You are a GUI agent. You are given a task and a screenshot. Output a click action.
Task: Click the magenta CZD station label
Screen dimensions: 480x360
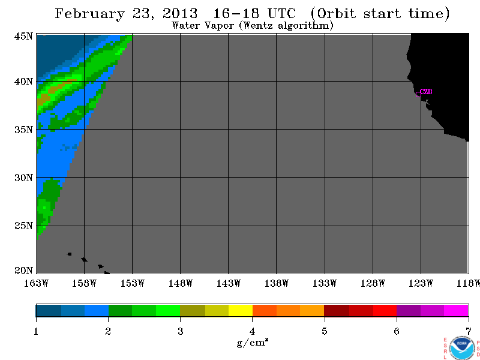tap(426, 92)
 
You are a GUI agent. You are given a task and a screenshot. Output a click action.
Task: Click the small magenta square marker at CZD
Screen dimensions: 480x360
tap(418, 94)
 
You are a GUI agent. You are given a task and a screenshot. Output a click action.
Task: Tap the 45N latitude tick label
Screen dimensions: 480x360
tap(23, 36)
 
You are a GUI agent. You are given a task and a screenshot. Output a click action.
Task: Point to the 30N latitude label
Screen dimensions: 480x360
tap(23, 178)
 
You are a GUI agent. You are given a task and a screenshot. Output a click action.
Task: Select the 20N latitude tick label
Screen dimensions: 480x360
tap(23, 271)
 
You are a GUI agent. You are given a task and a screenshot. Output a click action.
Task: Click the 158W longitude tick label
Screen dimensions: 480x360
tap(84, 283)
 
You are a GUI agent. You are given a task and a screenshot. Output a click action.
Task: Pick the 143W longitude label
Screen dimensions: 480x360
tap(229, 283)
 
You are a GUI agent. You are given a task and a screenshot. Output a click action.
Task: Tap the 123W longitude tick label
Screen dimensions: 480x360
tap(421, 283)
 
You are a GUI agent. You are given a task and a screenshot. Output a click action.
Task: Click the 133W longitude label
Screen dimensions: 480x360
tap(325, 283)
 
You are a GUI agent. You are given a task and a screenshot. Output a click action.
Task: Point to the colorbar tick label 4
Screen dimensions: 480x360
tap(252, 331)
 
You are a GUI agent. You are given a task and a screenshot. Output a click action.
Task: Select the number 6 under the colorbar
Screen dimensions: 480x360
tap(397, 331)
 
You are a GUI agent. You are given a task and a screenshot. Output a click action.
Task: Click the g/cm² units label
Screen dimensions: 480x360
tap(253, 343)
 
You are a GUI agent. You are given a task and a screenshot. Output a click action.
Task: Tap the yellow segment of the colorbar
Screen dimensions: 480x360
tap(241, 310)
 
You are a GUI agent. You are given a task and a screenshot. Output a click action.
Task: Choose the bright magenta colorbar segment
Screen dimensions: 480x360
tap(456, 310)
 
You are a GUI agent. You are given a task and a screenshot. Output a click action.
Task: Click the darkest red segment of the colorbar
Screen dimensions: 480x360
tap(337, 310)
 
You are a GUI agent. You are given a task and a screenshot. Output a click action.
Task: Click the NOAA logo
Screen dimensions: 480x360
tap(462, 348)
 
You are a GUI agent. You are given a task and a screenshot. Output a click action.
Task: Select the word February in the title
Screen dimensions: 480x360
tap(90, 14)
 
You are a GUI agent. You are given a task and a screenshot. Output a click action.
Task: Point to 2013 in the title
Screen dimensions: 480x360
tap(180, 13)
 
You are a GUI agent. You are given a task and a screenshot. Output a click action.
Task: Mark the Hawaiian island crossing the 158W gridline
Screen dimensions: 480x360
tap(84, 260)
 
